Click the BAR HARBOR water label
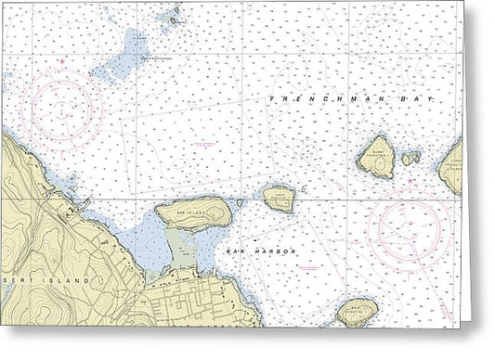pos(247,251)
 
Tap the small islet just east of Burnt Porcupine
pos(410,159)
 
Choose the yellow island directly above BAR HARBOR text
pos(278,197)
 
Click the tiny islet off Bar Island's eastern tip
pos(240,201)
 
